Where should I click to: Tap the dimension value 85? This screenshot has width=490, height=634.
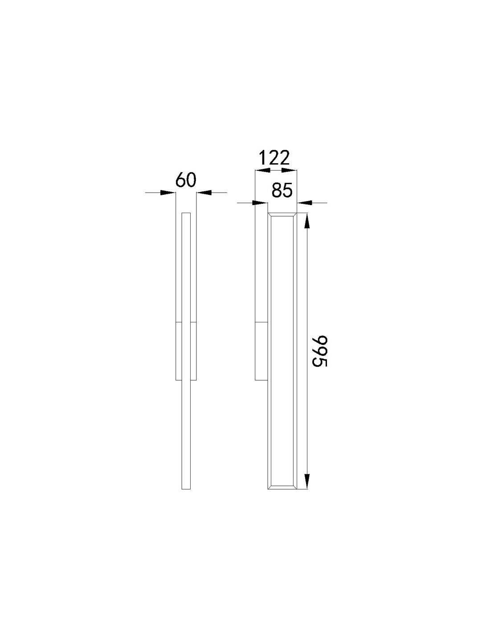click(282, 191)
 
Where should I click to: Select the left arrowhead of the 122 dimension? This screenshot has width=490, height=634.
click(261, 170)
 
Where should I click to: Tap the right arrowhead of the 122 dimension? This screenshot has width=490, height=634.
click(289, 170)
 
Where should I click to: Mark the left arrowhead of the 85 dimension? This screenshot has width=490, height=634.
click(260, 203)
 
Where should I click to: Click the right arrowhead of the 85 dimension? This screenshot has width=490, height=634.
click(304, 203)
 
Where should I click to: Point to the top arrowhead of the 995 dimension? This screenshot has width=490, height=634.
click(307, 221)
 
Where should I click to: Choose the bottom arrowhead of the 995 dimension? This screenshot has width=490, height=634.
click(307, 482)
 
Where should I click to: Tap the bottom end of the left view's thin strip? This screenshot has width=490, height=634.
click(186, 488)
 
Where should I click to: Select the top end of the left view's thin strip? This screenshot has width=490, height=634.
click(186, 215)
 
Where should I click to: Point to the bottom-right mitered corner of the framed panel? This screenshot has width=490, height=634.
click(294, 487)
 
